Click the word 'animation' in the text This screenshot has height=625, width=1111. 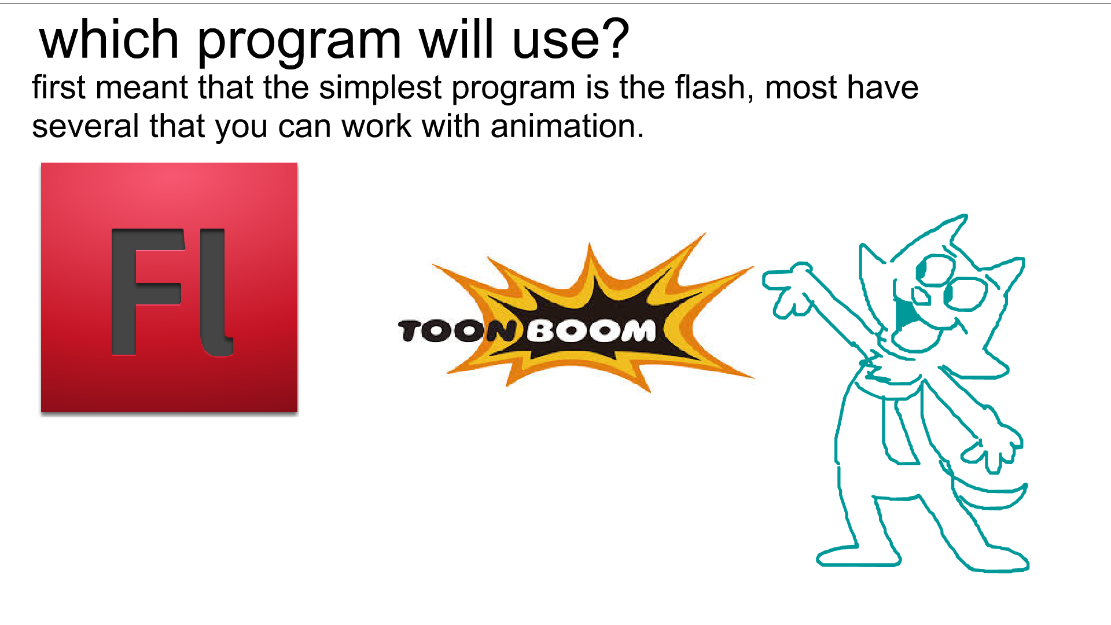tap(567, 126)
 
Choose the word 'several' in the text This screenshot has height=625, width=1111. tap(85, 126)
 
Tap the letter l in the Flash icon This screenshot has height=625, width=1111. tap(216, 292)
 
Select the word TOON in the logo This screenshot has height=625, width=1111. tap(457, 331)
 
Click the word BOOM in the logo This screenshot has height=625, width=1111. tap(591, 331)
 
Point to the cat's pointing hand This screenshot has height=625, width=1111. tap(788, 290)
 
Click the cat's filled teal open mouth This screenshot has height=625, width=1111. tap(904, 315)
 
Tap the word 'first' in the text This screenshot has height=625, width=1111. tap(58, 87)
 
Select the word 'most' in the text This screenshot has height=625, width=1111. tap(801, 89)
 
